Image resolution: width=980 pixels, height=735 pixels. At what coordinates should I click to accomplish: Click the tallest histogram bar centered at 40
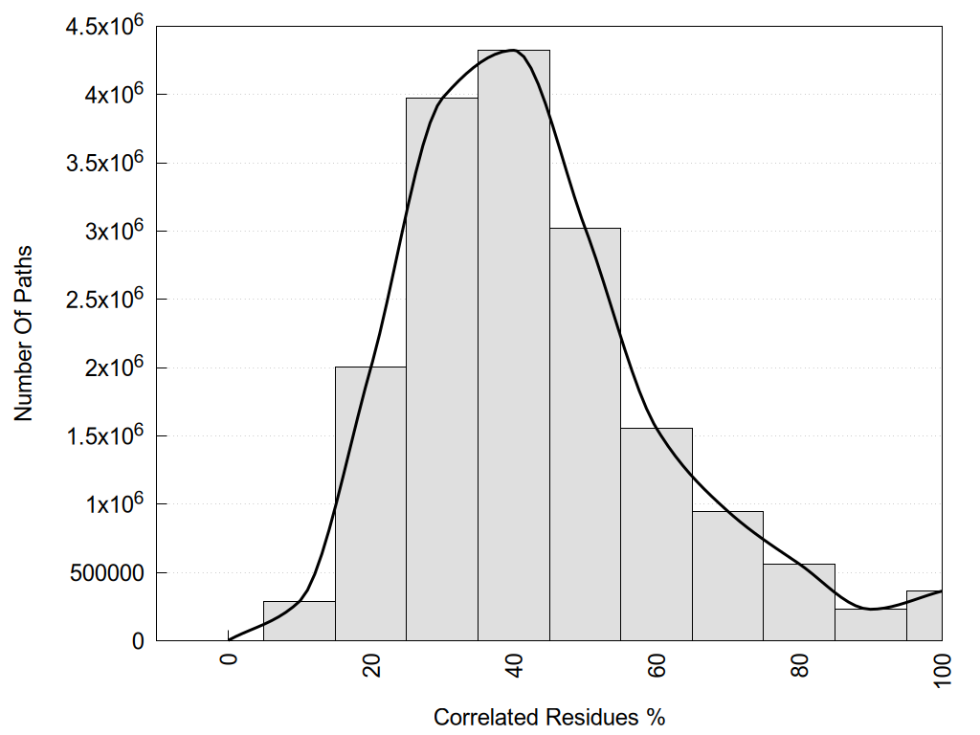tap(514, 345)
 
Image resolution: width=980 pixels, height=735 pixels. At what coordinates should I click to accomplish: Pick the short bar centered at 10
tap(300, 621)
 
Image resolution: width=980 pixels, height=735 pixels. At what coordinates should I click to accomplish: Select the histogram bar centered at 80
tap(799, 602)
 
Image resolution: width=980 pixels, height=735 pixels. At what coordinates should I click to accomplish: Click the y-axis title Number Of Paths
tap(24, 332)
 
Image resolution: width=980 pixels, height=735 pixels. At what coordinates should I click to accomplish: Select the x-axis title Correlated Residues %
tap(548, 717)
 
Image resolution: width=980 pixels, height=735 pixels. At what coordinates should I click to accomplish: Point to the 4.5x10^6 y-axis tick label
tap(104, 27)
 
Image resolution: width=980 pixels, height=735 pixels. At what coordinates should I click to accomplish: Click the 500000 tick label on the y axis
tap(105, 572)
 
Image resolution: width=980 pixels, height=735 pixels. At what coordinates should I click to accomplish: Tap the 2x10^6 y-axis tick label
tap(113, 367)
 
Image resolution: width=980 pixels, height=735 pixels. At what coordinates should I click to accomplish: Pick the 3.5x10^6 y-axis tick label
tap(104, 163)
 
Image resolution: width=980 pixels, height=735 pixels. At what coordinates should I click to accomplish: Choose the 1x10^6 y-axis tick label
tap(113, 503)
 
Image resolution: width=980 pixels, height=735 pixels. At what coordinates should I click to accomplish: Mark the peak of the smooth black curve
tap(513, 50)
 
